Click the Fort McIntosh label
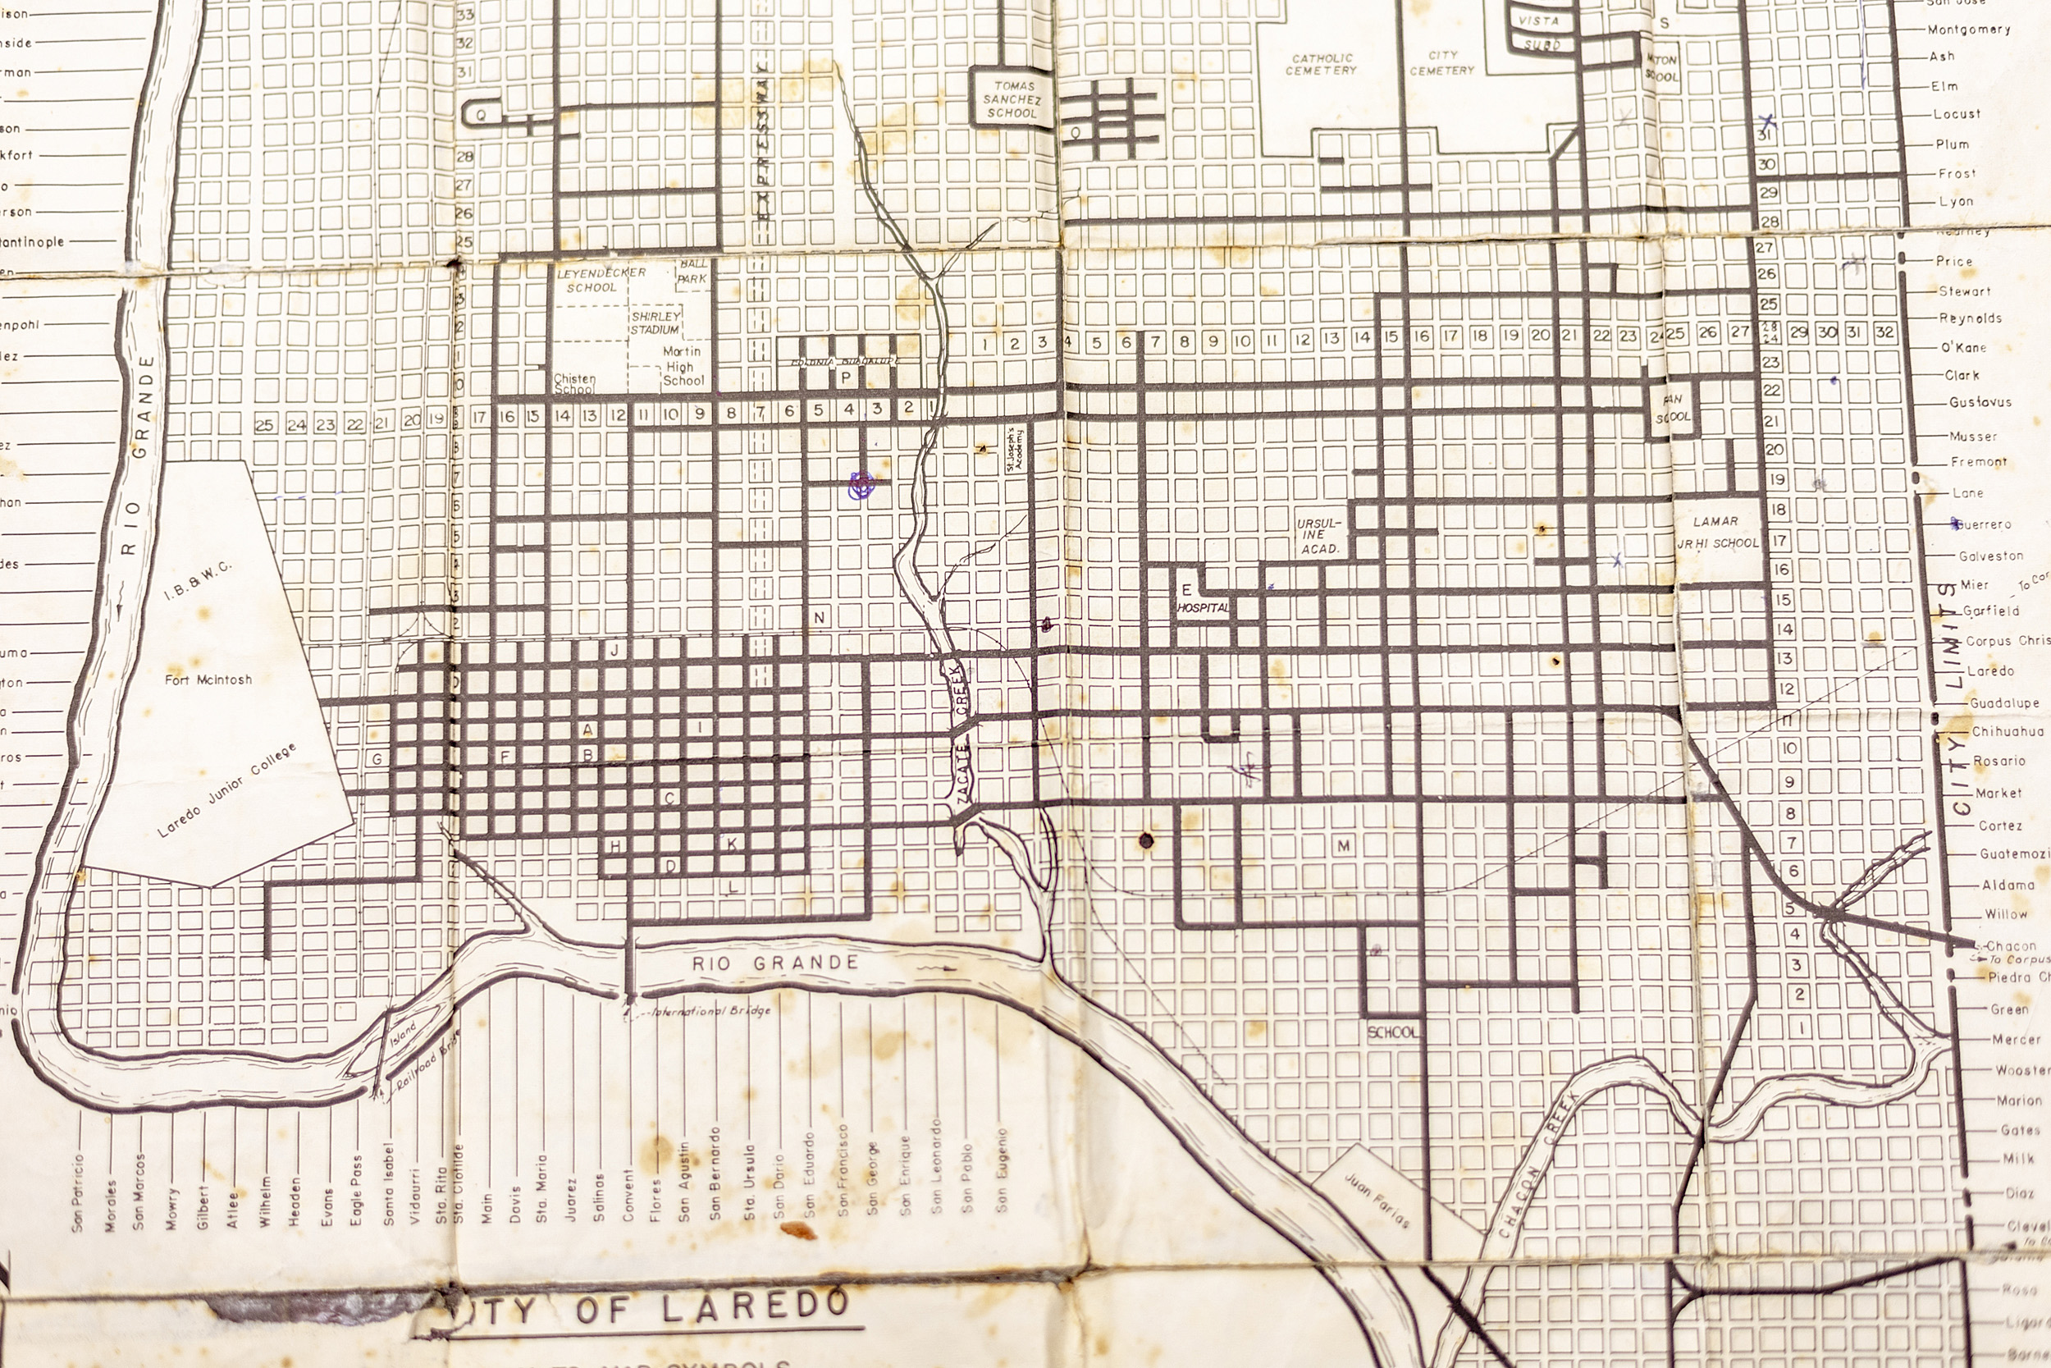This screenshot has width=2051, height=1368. [208, 679]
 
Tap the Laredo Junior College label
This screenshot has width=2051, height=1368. [226, 791]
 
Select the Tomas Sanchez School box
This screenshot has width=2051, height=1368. [1012, 99]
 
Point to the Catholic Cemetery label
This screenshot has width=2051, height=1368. [1320, 64]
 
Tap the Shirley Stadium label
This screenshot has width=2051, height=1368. [655, 323]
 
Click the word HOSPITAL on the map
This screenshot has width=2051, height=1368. [1204, 607]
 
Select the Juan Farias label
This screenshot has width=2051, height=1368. [1376, 1200]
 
